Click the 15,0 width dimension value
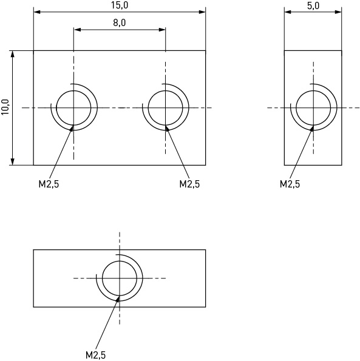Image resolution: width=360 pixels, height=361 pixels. (120, 5)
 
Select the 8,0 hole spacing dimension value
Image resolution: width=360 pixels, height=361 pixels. (120, 23)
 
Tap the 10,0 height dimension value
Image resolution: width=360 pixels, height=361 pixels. (5, 107)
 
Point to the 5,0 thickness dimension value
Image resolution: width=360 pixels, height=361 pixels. (313, 5)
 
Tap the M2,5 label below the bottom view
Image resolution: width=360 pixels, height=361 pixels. (95, 355)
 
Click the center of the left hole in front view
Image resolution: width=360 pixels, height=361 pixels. (73, 107)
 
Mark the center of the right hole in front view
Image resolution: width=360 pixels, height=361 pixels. (165, 107)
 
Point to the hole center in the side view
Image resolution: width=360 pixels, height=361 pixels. (313, 107)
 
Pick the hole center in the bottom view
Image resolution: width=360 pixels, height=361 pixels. (120, 278)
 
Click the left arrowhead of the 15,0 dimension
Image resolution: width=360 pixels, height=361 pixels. (37, 12)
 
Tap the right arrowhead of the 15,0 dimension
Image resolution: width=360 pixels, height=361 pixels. (202, 12)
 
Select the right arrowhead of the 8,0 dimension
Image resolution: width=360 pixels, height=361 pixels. (162, 30)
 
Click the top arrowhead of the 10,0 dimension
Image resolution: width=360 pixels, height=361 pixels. (13, 54)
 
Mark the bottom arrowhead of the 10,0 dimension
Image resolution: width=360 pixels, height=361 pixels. (13, 162)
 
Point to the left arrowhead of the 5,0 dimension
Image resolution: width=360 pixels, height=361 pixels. (288, 12)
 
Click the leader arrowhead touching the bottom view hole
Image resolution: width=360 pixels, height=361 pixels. (118, 299)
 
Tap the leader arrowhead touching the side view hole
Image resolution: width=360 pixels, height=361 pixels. (311, 128)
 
